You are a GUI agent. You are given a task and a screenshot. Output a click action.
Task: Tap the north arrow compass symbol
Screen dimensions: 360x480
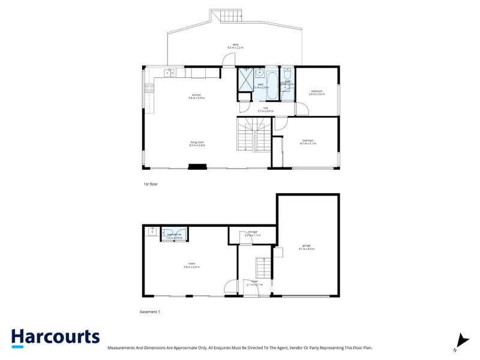pyautogui.click(x=460, y=341)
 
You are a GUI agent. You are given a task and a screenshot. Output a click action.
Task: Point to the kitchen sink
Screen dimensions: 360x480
pyautogui.click(x=168, y=73)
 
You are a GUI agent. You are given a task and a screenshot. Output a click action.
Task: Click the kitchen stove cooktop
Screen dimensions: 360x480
pyautogui.click(x=149, y=90)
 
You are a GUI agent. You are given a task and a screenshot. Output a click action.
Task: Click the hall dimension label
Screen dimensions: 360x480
pyautogui.click(x=265, y=110)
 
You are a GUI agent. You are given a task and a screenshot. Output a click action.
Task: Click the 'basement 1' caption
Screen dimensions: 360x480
pyautogui.click(x=149, y=312)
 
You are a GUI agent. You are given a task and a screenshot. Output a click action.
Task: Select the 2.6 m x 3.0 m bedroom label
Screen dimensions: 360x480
pyautogui.click(x=317, y=93)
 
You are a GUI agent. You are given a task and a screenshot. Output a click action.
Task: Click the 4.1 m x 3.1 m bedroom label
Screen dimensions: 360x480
pyautogui.click(x=308, y=142)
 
